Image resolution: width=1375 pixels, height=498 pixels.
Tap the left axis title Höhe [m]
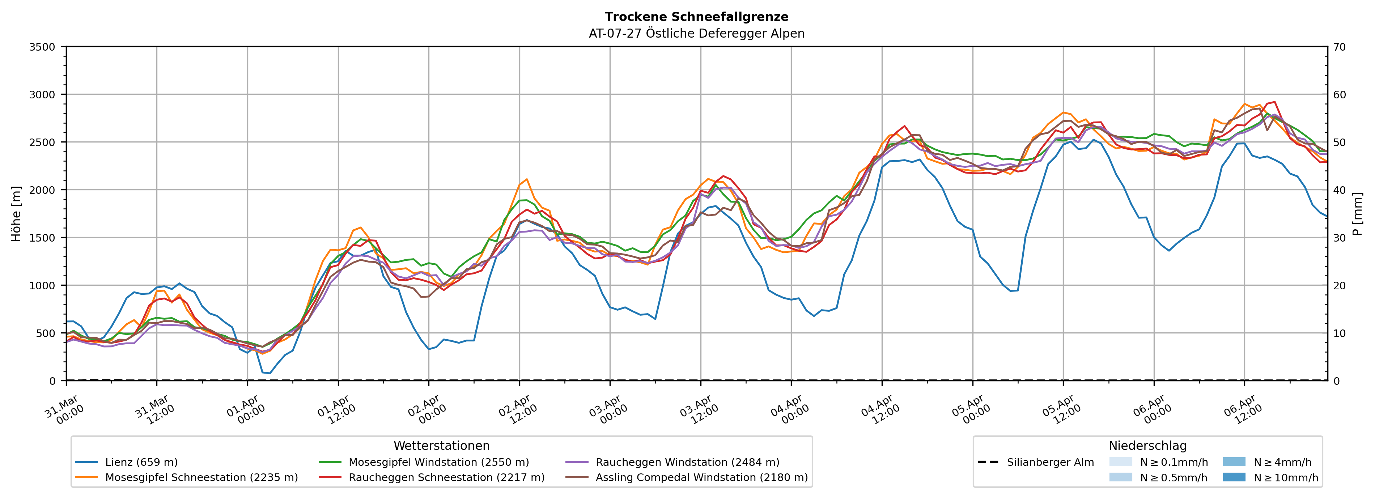point(17,213)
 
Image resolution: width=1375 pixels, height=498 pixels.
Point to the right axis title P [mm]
point(1357,213)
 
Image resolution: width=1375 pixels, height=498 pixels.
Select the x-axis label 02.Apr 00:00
point(426,410)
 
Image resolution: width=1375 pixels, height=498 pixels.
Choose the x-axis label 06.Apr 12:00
point(1242,410)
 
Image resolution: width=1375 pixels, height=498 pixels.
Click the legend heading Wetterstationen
point(441,446)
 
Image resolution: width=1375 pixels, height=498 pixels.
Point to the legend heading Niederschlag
point(1147,446)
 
